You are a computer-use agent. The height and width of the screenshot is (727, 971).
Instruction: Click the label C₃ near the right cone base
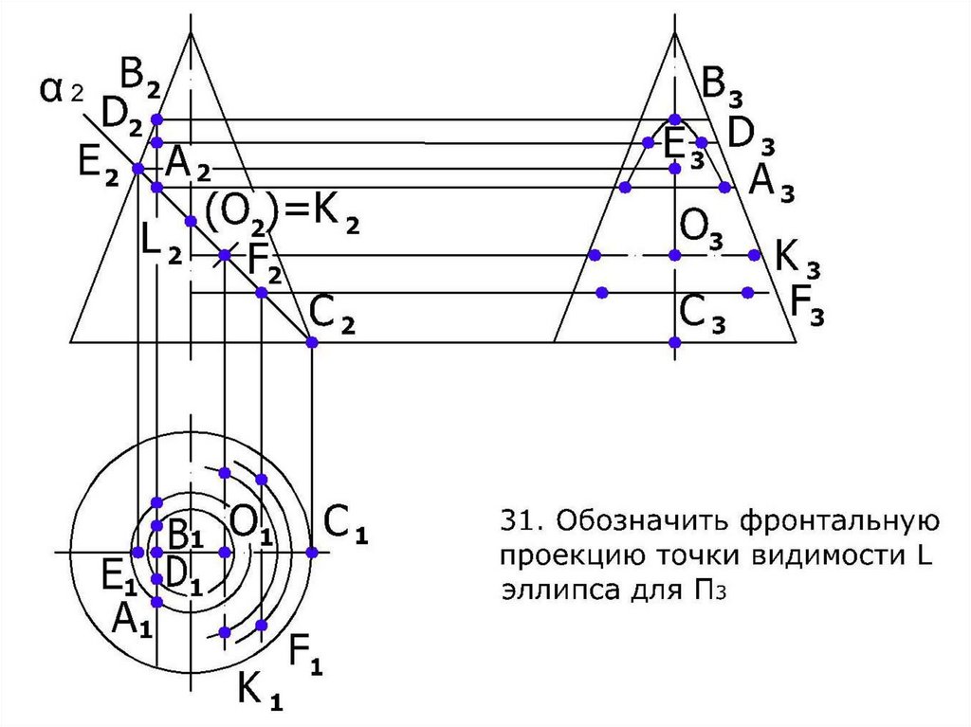(x=703, y=314)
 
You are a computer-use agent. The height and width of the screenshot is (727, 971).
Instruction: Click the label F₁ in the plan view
(x=306, y=653)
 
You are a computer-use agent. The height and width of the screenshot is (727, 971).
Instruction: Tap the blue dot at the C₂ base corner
(x=313, y=342)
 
